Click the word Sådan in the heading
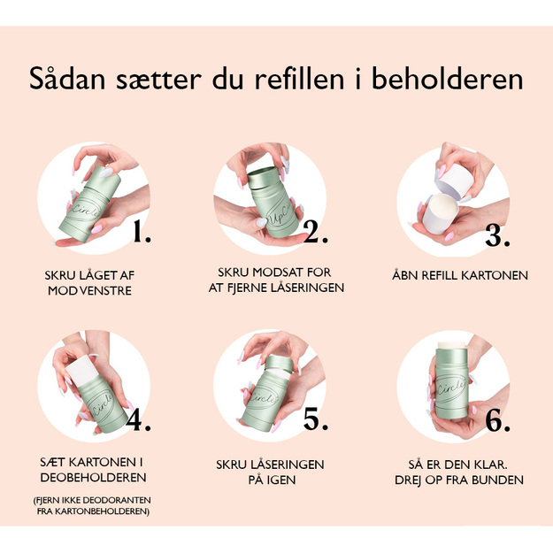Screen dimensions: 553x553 tap(67, 78)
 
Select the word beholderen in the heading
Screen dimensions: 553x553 tap(447, 78)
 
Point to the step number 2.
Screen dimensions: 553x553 tap(316, 233)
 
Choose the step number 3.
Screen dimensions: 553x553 tap(497, 235)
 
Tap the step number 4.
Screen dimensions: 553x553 tap(139, 420)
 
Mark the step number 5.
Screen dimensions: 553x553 tap(316, 419)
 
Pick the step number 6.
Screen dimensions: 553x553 tap(497, 421)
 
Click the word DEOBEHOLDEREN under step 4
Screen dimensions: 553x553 tap(93, 478)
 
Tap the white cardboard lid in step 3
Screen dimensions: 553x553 tap(454, 179)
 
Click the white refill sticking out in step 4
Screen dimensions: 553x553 tap(82, 369)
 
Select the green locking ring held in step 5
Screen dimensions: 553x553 tap(279, 364)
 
